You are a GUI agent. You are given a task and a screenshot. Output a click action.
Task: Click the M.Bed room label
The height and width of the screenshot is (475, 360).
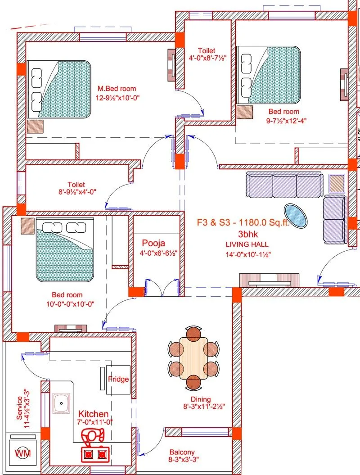point(116,89)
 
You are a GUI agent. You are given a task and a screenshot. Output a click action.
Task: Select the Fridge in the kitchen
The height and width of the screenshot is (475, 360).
point(118,379)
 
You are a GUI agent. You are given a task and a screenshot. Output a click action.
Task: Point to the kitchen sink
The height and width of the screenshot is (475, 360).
point(61,403)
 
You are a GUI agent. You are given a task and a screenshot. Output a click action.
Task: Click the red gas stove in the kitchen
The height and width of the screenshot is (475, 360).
point(95,454)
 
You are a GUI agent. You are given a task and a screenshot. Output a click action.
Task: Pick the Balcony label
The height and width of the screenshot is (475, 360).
point(182,452)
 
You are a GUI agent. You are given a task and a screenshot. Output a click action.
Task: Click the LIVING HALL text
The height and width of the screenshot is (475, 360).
point(247,244)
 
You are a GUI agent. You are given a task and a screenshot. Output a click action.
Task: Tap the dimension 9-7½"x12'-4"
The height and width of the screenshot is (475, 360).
point(283,120)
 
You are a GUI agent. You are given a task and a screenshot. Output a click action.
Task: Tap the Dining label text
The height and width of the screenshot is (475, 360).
point(200,399)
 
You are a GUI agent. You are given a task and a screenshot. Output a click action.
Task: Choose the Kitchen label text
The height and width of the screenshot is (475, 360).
point(93,414)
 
